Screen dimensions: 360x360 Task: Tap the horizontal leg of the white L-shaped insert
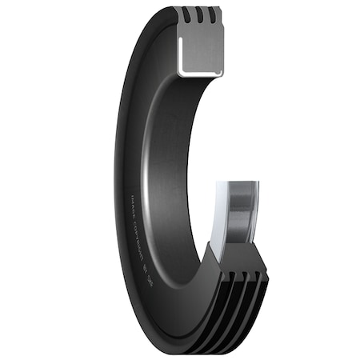pyautogui.click(x=200, y=73)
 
